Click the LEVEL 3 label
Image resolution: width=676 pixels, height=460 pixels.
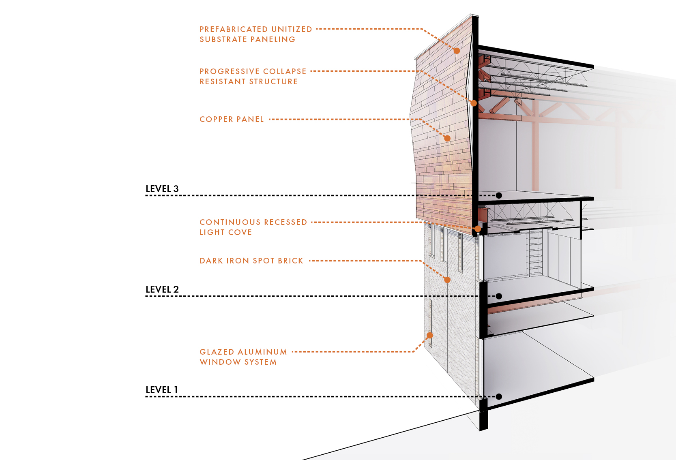pyautogui.click(x=162, y=189)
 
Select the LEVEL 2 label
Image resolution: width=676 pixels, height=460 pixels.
pyautogui.click(x=162, y=289)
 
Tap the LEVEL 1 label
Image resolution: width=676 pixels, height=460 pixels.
pyautogui.click(x=161, y=390)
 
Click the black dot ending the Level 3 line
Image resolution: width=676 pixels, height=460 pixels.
pyautogui.click(x=499, y=195)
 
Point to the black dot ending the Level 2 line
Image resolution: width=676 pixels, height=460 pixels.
pyautogui.click(x=499, y=296)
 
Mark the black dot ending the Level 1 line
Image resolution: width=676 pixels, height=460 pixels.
pyautogui.click(x=499, y=397)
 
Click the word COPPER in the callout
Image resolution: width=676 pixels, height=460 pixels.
pyautogui.click(x=216, y=120)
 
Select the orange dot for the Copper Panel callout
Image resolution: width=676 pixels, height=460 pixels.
pyautogui.click(x=447, y=138)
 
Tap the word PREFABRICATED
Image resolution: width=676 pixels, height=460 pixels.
pyautogui.click(x=233, y=30)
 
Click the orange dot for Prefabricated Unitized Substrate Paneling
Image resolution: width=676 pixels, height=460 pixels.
pyautogui.click(x=457, y=51)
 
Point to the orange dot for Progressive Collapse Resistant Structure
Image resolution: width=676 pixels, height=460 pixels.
pyautogui.click(x=474, y=103)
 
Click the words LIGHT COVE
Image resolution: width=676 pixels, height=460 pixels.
pyautogui.click(x=225, y=233)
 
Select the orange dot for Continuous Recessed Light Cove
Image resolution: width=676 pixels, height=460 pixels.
pyautogui.click(x=478, y=229)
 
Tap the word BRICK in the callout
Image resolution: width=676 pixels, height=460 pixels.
pyautogui.click(x=290, y=261)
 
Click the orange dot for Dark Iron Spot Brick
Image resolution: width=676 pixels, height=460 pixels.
pyautogui.click(x=447, y=280)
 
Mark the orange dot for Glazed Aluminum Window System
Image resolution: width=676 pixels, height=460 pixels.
pyautogui.click(x=430, y=335)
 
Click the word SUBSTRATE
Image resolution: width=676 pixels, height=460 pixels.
pyautogui.click(x=223, y=40)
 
